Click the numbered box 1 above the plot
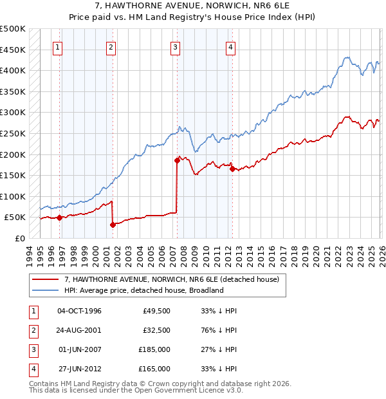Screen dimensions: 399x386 58,46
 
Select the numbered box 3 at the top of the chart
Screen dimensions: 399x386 176,46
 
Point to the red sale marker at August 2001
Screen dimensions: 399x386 113,225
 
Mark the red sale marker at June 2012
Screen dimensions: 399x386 232,169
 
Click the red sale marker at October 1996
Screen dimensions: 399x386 59,218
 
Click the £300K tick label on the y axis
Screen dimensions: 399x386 13,113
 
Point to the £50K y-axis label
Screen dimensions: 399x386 15,218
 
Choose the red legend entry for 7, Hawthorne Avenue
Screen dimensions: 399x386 171,279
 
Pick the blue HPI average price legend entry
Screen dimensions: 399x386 143,290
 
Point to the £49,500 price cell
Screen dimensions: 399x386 156,311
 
